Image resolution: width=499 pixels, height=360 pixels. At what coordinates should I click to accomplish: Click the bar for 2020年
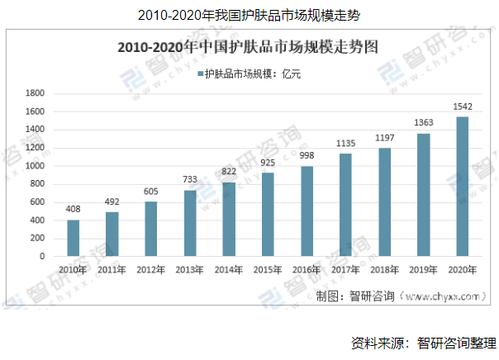coord(462,187)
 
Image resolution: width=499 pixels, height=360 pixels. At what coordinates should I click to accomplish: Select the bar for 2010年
coord(74,238)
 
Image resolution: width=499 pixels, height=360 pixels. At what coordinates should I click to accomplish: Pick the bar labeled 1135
coord(345,205)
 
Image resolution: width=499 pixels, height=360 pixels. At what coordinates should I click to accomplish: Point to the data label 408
coord(74,210)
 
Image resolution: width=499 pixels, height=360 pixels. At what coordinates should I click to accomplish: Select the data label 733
coord(190,180)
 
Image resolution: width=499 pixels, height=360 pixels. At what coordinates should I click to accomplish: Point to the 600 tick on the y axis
coord(36,202)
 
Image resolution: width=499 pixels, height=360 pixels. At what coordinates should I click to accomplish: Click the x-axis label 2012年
coord(150,269)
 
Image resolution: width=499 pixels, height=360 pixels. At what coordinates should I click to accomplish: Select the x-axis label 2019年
coord(423,269)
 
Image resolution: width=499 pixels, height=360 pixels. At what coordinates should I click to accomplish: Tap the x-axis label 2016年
coord(307,269)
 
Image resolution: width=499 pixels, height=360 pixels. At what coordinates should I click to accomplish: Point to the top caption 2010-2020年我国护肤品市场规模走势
coord(249,15)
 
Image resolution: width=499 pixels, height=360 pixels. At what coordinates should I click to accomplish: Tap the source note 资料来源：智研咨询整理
coord(422,343)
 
